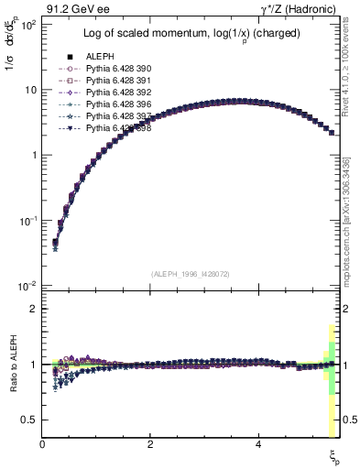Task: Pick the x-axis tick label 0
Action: coord(43,445)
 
